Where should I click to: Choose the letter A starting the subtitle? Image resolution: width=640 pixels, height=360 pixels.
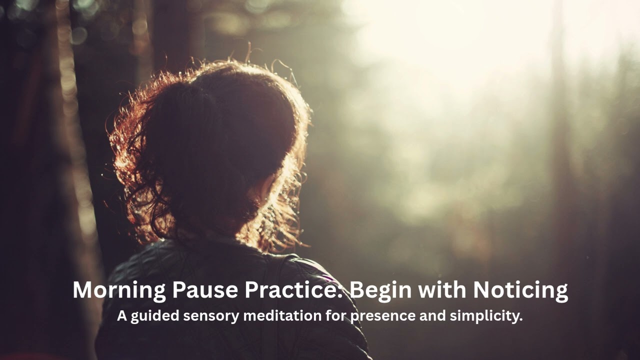coord(121,316)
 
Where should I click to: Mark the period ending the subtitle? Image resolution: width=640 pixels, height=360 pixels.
coord(520,320)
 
